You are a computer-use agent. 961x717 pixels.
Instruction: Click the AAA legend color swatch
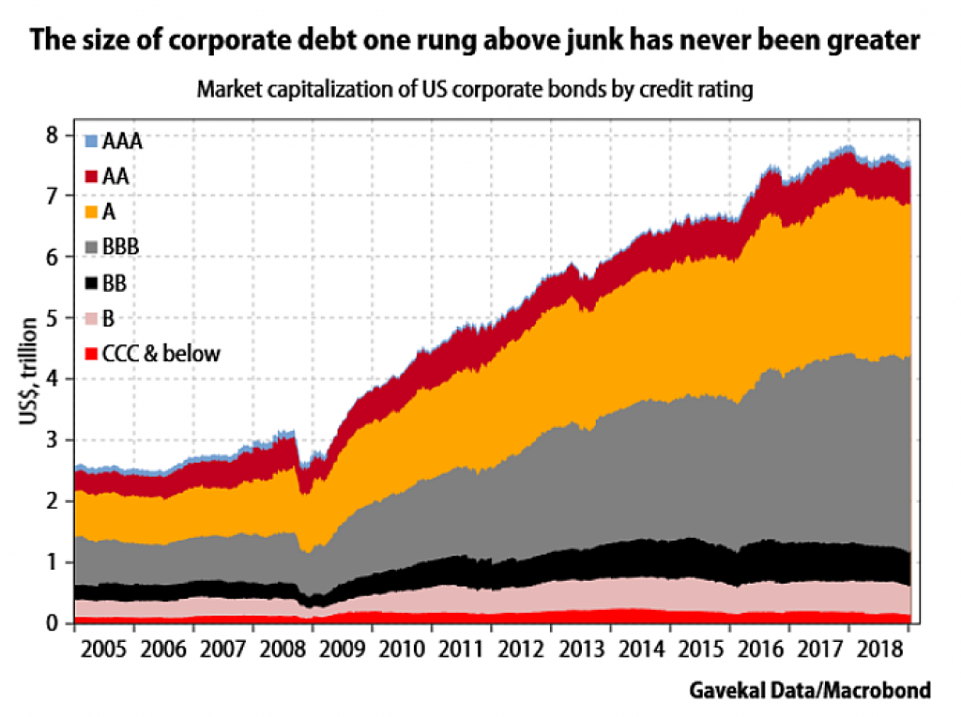pos(91,142)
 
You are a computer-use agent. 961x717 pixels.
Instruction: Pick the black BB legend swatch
pos(91,283)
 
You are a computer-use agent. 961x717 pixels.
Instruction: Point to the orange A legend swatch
pos(91,212)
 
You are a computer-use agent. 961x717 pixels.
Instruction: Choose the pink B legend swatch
pos(91,319)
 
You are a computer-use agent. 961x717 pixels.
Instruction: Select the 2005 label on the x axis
pos(103,648)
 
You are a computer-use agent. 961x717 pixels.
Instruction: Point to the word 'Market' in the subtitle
pos(227,92)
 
